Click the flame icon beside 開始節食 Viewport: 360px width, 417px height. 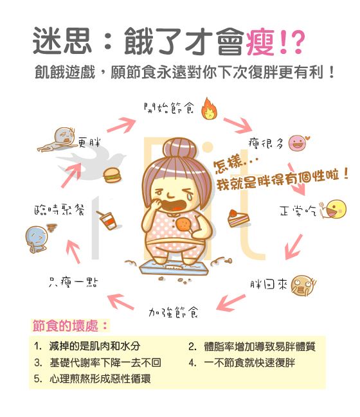coord(209,109)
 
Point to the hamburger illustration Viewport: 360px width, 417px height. coord(112,175)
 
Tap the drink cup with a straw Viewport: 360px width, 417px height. coord(107,220)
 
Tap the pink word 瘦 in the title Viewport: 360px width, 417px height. coord(260,42)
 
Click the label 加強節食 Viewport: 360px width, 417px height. coord(173,312)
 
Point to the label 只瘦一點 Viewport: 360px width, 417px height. coord(73,282)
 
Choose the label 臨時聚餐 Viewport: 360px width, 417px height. coord(59,210)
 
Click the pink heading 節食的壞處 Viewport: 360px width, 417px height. coord(69,326)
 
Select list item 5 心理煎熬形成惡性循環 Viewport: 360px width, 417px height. coord(93,378)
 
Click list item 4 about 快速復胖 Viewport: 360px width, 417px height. coord(242,362)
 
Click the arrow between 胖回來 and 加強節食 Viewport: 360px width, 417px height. coord(230,303)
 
